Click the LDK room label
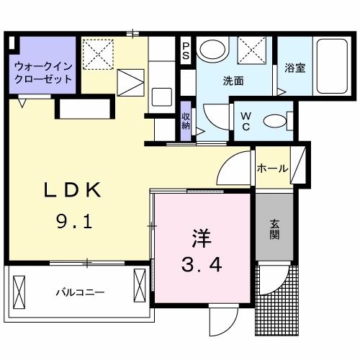(x=73, y=192)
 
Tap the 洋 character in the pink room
(x=201, y=237)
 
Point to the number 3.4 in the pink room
(x=201, y=264)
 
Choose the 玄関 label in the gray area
(x=275, y=228)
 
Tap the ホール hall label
(x=273, y=169)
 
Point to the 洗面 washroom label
(x=233, y=81)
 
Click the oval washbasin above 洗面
(x=212, y=50)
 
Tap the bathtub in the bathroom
(x=330, y=69)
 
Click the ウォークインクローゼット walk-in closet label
(x=42, y=71)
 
